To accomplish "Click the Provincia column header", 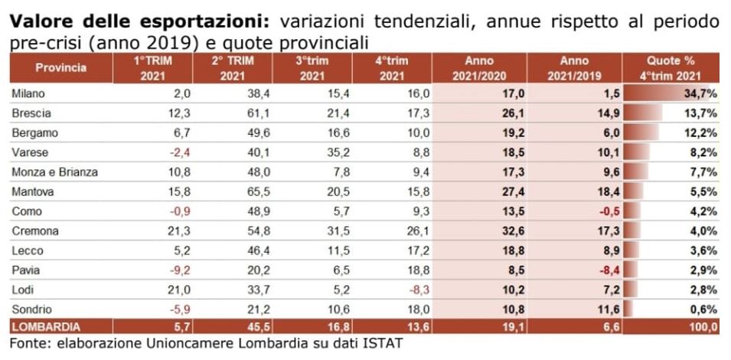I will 60,68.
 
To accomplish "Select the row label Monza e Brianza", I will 56,172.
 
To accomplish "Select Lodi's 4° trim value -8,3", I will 417,290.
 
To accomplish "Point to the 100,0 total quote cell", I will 701,327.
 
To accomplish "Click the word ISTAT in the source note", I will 382,343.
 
